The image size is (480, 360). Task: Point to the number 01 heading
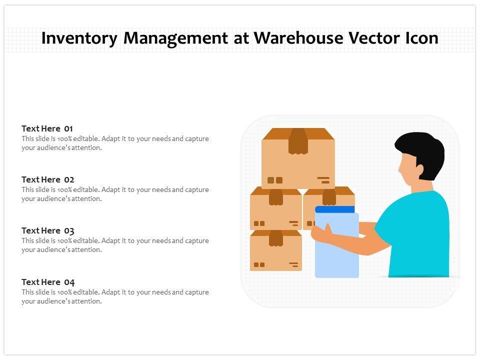68,128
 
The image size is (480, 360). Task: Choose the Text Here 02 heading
48,179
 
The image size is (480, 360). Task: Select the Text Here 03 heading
48,230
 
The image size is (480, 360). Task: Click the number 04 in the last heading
69,282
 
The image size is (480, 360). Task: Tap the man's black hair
423,150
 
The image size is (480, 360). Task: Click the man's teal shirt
420,235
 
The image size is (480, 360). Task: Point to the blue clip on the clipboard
334,209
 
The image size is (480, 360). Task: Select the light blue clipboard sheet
337,250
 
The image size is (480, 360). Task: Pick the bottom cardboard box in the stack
275,252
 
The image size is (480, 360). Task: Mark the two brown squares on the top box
274,180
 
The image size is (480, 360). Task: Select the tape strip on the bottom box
276,238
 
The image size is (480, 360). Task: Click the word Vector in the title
370,38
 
